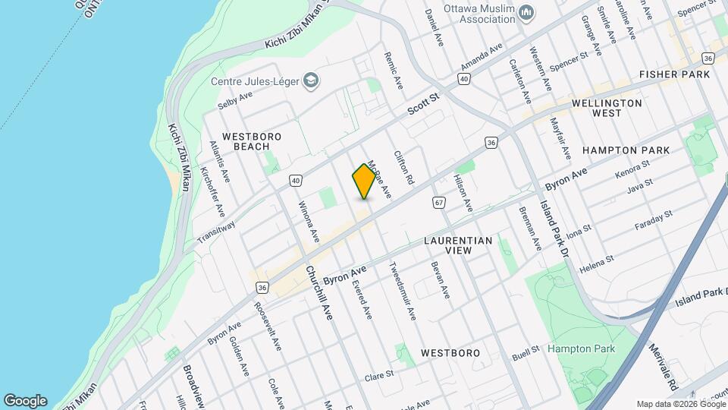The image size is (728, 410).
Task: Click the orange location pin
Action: (x=364, y=181)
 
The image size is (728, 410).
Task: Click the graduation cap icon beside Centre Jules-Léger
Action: (x=311, y=80)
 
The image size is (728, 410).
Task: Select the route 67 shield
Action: (x=439, y=202)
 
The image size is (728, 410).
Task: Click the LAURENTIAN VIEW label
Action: (x=458, y=245)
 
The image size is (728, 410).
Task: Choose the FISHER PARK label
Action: (x=674, y=74)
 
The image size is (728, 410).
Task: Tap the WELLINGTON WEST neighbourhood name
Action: (x=607, y=108)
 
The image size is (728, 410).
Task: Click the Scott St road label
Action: (x=423, y=104)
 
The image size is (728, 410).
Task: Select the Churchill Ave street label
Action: (x=319, y=292)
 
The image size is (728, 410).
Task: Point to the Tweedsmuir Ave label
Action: (x=403, y=291)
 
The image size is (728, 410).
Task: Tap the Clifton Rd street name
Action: (x=403, y=168)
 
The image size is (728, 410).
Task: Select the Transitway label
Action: (x=216, y=232)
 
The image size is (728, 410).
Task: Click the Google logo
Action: (x=25, y=401)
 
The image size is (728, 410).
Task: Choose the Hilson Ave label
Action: (x=463, y=194)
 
